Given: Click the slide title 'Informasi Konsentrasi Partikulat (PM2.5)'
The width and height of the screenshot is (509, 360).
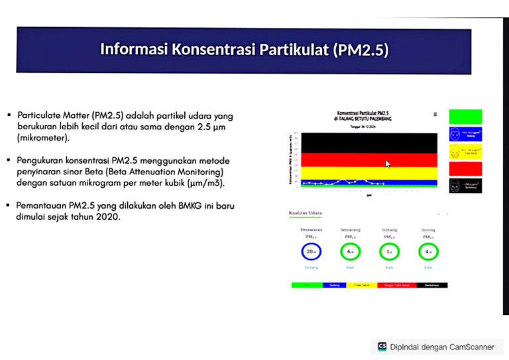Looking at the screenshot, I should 244,50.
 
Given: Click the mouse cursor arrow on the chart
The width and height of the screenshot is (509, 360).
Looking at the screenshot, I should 388,163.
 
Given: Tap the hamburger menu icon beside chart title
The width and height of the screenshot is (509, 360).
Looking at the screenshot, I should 435,114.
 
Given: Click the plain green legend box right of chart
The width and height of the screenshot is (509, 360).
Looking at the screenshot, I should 465,117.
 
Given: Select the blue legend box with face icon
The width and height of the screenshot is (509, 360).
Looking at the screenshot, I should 465,134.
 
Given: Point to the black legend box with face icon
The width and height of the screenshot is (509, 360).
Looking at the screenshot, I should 465,186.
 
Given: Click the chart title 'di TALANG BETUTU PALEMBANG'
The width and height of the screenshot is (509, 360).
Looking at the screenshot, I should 363,119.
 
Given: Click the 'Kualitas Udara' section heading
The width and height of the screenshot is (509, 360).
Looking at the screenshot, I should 305,213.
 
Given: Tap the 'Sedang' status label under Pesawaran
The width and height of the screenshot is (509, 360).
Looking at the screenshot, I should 311,267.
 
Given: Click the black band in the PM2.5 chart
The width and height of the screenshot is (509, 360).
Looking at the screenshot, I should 369,143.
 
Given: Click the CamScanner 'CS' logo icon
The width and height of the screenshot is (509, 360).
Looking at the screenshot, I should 382,346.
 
